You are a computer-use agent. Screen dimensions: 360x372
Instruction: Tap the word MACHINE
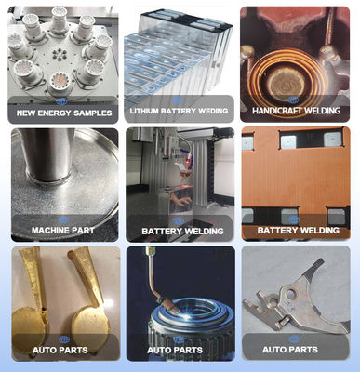coord(47,231)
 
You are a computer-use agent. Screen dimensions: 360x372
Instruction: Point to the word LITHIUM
coord(144,111)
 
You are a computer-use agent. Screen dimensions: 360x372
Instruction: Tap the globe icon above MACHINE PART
coord(63,220)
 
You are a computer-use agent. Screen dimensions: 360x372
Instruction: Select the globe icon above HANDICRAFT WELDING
coord(293,100)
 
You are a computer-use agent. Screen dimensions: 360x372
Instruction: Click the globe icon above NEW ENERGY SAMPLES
coord(61,101)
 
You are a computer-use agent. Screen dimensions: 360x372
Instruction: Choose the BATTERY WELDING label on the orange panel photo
coord(298,231)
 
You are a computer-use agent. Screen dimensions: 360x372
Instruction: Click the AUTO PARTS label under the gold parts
coord(60,351)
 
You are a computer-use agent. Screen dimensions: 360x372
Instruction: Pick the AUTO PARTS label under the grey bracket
coord(290,350)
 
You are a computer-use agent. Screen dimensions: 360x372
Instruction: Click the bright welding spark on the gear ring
coord(185,315)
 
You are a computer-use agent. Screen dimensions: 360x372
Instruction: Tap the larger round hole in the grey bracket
coord(290,293)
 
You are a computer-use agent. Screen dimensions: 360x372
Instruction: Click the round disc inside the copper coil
coord(286,80)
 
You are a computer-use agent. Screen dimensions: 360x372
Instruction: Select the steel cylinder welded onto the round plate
coord(48,155)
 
